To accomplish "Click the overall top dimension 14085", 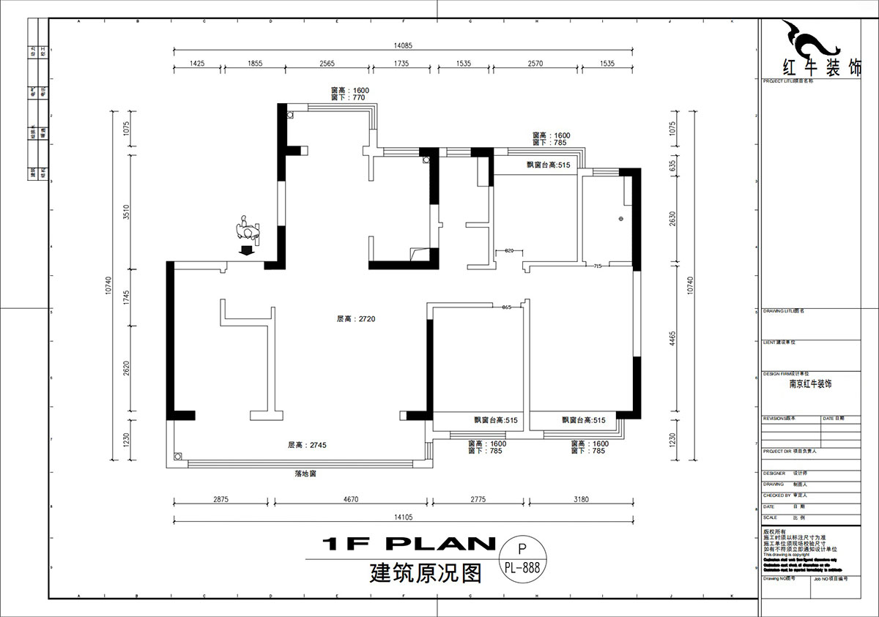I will coord(403,45).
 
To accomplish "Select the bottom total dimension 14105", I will coord(404,516).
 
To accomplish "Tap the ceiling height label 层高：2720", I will coord(356,319).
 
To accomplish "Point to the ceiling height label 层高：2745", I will coord(305,445).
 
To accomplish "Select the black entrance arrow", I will coord(247,250).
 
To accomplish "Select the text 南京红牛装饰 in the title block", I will coord(810,384).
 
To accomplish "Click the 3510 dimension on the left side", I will coord(126,212).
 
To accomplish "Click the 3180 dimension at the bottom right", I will coord(581,499).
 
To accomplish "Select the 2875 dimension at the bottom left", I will coord(221,499).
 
